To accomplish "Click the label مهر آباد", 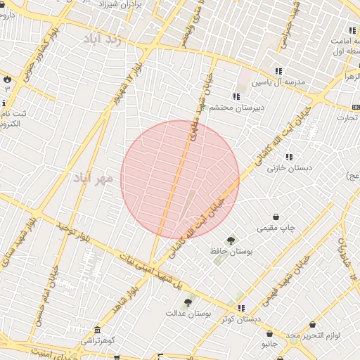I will (94, 178).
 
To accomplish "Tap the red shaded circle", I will (180, 179).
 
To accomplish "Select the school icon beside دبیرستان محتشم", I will (236, 96).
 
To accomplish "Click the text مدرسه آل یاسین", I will (281, 82).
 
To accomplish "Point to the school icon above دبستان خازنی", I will (289, 157).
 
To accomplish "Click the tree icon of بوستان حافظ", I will (231, 241).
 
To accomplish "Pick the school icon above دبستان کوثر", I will (241, 308).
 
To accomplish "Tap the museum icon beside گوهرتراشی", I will (96, 330).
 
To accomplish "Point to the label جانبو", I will (271, 344).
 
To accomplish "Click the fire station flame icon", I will (7, 79).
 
